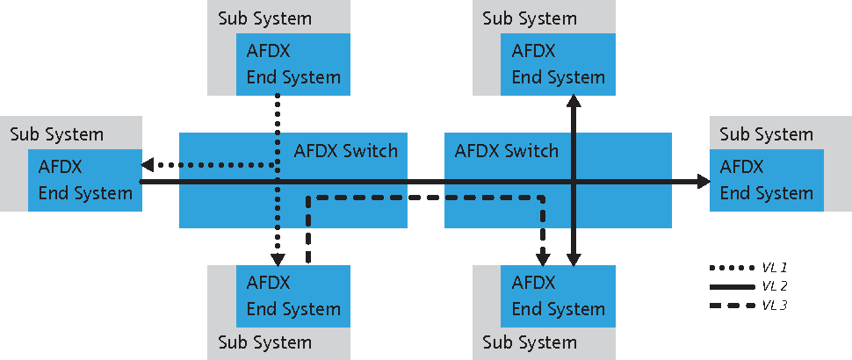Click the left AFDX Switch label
click(345, 151)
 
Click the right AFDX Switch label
click(507, 151)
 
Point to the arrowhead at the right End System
click(704, 182)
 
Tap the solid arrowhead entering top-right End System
click(574, 102)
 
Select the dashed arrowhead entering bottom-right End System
click(544, 257)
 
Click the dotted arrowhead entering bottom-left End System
click(278, 258)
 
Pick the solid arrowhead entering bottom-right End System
click(574, 257)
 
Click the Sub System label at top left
click(264, 18)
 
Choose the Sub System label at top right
click(530, 18)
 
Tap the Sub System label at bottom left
click(264, 342)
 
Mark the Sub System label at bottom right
click(530, 342)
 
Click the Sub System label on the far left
click(57, 134)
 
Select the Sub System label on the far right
click(766, 134)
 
